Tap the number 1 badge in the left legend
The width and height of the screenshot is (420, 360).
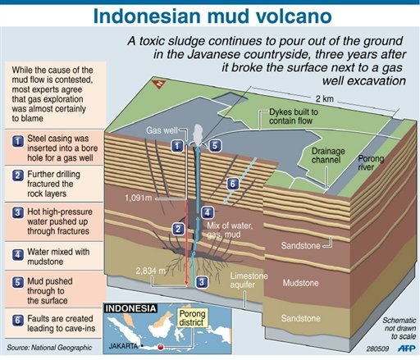(x=18, y=141)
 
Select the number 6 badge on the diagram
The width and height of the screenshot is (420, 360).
(x=233, y=184)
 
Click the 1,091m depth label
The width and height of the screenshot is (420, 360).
(x=139, y=198)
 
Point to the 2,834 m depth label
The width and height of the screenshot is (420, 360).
(x=151, y=271)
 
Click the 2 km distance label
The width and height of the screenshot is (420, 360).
(x=325, y=98)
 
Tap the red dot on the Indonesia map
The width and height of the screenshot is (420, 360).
(x=161, y=347)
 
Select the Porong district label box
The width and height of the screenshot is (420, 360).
(x=192, y=318)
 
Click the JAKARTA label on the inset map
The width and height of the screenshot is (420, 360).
(x=123, y=346)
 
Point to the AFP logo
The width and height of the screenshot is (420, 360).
(x=406, y=349)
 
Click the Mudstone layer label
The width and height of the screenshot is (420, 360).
(x=300, y=283)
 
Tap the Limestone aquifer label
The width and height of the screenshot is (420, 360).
(x=249, y=280)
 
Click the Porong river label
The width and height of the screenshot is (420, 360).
(x=371, y=162)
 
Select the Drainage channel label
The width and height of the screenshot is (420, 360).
(x=328, y=155)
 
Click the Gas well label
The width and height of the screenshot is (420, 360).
(x=162, y=130)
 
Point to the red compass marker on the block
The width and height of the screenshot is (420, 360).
(x=159, y=84)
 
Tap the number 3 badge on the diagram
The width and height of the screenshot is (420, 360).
(x=202, y=282)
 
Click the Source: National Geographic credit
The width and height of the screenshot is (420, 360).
(x=49, y=348)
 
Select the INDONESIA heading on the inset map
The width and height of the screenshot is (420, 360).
(x=130, y=308)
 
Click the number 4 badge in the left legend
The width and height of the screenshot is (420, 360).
(x=18, y=255)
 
